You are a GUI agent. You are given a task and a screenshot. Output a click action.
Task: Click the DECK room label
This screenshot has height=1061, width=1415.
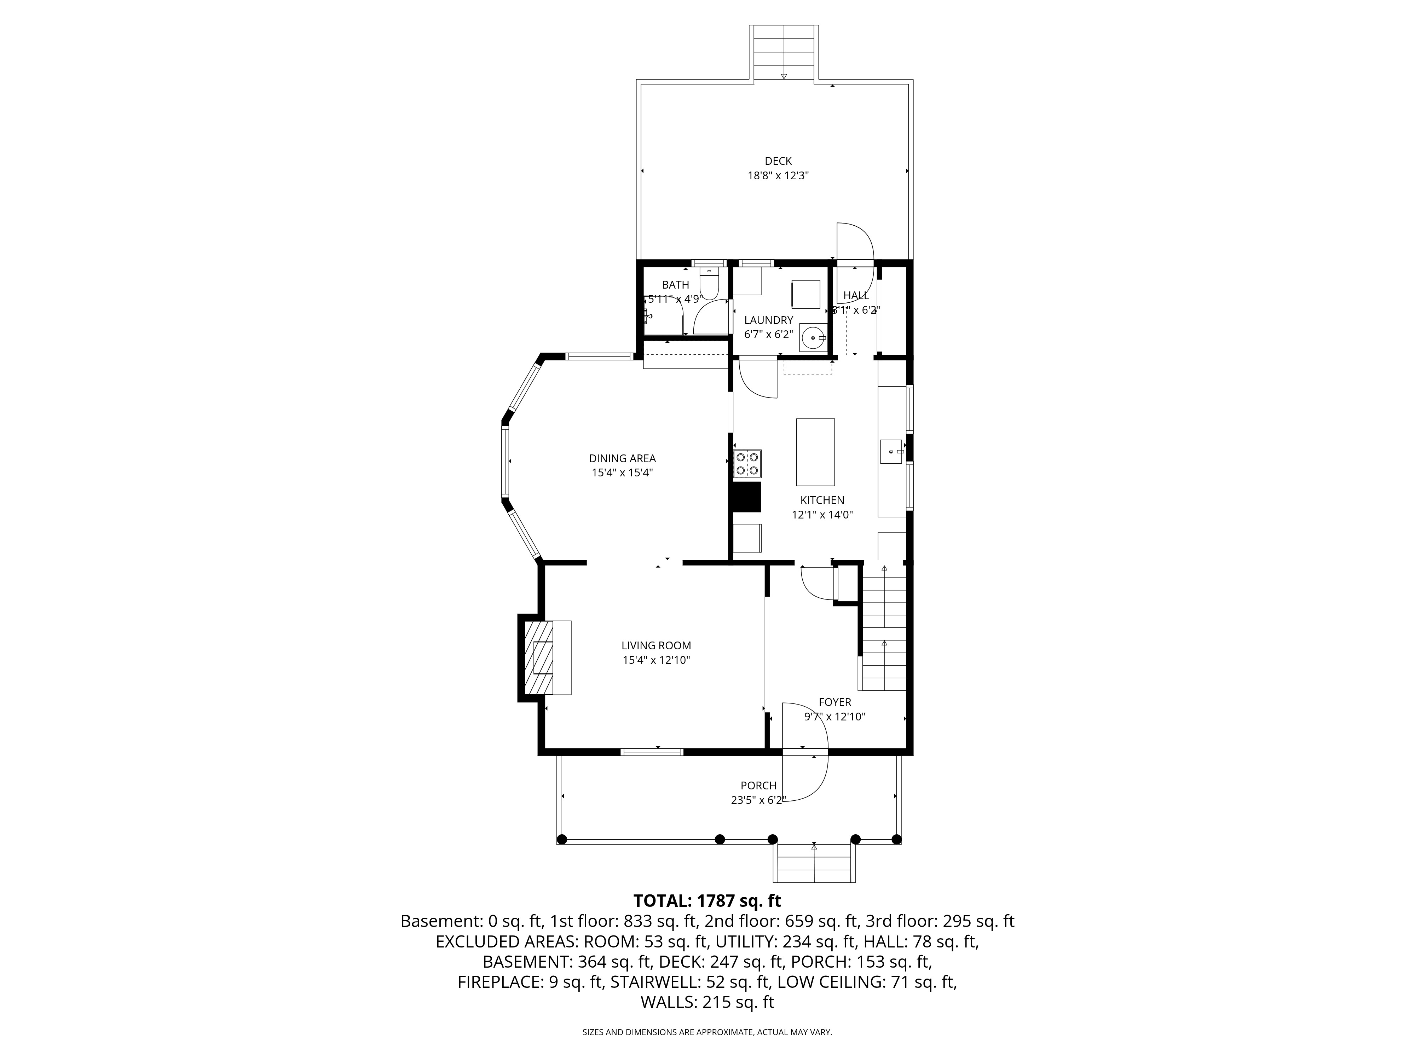(778, 161)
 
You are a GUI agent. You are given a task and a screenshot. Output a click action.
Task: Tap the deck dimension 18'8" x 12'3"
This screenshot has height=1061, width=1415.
(778, 176)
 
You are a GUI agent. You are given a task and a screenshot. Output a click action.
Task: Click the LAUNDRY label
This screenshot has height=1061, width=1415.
(768, 320)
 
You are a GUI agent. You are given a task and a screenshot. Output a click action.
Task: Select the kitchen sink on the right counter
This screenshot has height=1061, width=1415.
(891, 452)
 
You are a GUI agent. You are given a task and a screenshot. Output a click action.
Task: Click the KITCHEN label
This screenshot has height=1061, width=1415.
(822, 500)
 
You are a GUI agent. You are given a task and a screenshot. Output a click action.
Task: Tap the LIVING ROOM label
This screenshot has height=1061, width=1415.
(656, 646)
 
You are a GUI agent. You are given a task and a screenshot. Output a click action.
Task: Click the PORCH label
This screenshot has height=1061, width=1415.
(759, 785)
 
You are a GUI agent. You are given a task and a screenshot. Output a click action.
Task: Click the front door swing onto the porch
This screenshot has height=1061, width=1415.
(805, 778)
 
